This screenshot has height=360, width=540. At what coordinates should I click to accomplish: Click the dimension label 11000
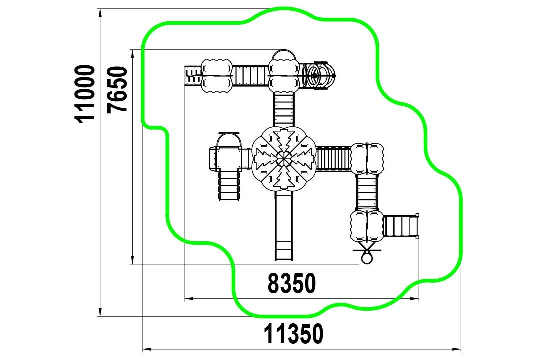tap(85, 94)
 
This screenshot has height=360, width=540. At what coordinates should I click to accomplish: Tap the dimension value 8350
tap(291, 283)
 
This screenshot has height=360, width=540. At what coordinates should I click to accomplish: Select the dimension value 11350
tap(294, 334)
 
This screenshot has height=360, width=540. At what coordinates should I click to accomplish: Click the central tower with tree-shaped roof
tap(284, 159)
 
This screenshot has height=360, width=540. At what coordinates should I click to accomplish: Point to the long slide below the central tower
tap(284, 225)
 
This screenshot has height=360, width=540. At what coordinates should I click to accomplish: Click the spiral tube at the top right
tap(318, 76)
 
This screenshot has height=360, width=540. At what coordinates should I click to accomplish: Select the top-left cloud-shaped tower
tap(216, 76)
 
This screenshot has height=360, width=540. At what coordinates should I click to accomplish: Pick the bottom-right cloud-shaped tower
tap(367, 226)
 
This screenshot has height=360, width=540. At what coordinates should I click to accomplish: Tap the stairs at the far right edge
tap(401, 226)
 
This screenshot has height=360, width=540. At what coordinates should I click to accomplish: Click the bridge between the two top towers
tap(250, 76)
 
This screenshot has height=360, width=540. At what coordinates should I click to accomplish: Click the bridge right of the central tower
tap(333, 159)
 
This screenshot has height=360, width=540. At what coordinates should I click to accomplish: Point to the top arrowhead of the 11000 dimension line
tap(100, 12)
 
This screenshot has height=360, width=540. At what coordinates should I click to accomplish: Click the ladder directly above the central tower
tap(284, 110)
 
